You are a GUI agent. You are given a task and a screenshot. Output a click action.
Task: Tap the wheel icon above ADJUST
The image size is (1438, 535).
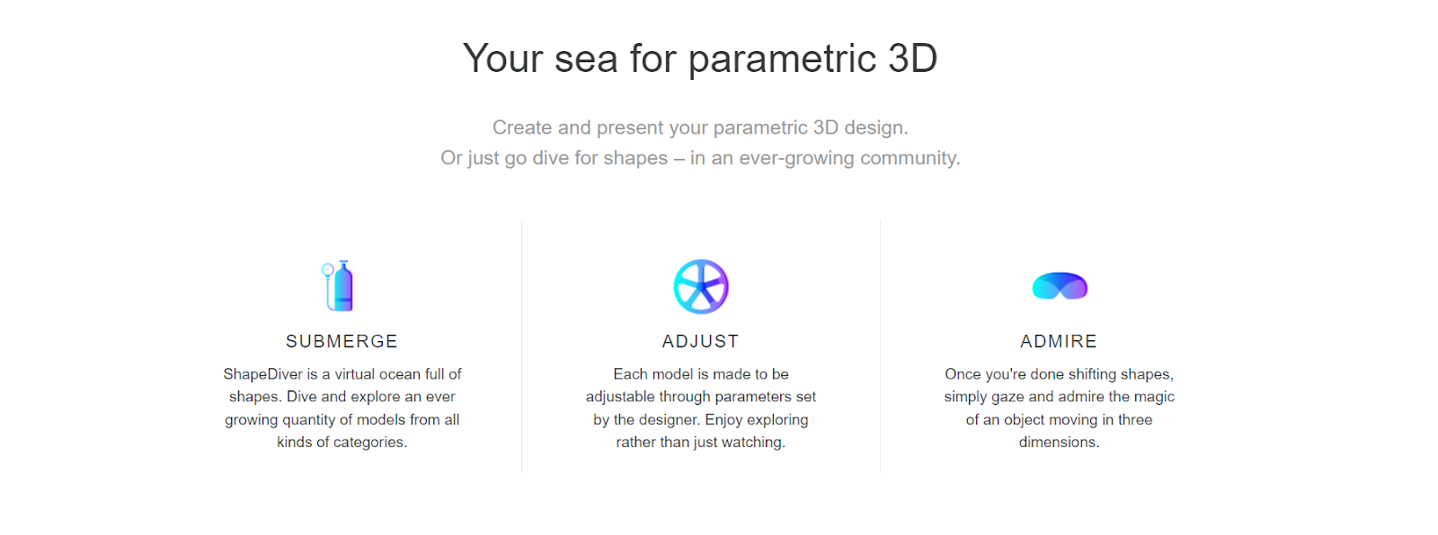click(x=701, y=286)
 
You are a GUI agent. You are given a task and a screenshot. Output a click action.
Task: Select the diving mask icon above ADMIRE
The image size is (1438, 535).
click(x=1060, y=286)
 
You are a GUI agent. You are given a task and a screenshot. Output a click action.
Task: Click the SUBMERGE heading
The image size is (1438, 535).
click(x=342, y=341)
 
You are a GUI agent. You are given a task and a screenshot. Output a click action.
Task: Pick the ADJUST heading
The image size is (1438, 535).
click(x=700, y=341)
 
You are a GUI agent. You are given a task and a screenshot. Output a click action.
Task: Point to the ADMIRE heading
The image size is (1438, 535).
click(x=1059, y=341)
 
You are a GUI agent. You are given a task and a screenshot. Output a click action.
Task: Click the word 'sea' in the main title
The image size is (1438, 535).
click(x=585, y=59)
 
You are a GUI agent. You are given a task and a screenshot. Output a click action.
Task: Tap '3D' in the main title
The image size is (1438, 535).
click(x=912, y=58)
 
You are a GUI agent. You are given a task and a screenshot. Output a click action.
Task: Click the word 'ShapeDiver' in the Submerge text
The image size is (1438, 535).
click(x=262, y=374)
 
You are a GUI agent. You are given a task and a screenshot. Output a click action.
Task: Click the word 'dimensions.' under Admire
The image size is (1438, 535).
click(x=1059, y=443)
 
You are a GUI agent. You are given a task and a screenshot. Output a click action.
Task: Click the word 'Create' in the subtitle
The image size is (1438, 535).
click(x=522, y=127)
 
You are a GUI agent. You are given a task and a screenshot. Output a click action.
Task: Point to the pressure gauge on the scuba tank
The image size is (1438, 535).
click(x=327, y=270)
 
